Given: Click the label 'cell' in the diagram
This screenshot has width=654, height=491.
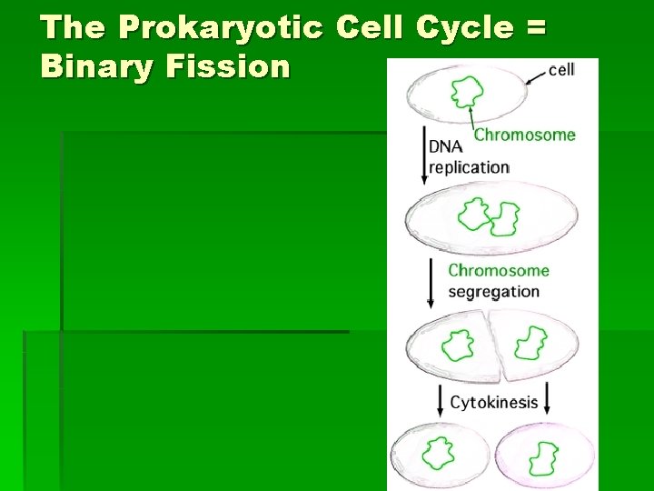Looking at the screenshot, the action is click(560, 69).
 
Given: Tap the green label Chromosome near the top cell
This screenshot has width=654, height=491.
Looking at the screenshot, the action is click(525, 135).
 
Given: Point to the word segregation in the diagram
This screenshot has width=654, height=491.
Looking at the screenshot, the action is click(493, 292).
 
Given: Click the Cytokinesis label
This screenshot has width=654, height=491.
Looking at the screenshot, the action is click(494, 402).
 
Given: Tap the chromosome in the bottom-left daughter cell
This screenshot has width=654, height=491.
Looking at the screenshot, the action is click(441, 452).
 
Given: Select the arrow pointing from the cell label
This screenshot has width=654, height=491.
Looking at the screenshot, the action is click(534, 75).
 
